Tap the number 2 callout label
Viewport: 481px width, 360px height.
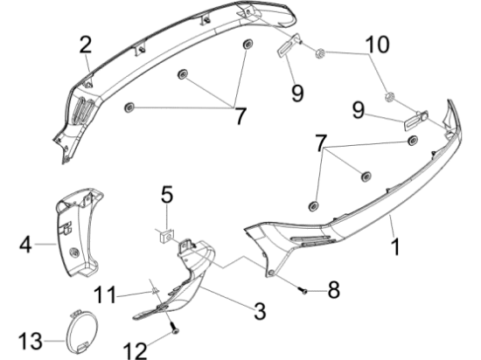86,43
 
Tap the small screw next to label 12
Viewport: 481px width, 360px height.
174,329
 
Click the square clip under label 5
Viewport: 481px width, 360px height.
165,232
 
